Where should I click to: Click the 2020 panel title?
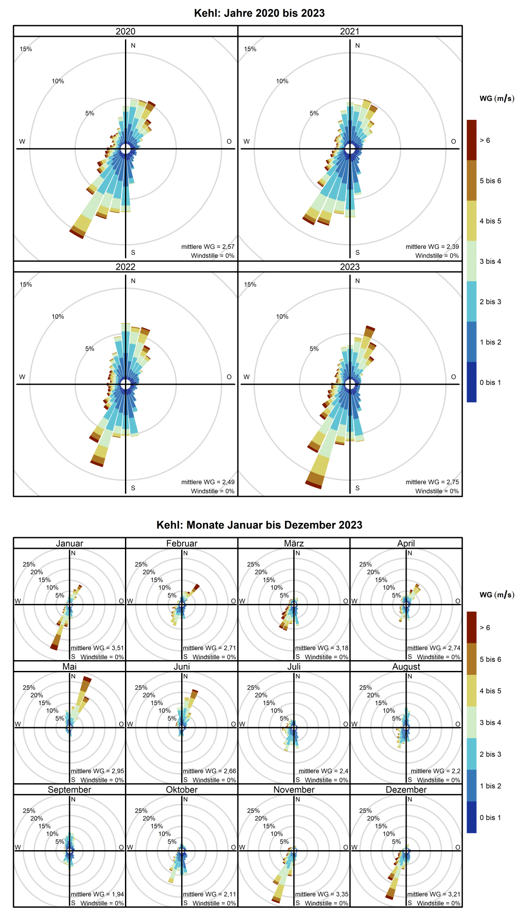click(x=125, y=31)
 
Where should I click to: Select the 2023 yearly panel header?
click(x=349, y=267)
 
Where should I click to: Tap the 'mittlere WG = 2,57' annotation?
click(x=208, y=247)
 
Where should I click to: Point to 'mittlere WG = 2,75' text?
click(x=432, y=482)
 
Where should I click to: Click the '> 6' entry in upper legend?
click(x=485, y=140)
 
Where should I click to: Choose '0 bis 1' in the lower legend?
click(x=490, y=817)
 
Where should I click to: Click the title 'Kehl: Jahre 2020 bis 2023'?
click(x=259, y=13)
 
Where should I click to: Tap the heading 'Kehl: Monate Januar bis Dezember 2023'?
click(x=259, y=525)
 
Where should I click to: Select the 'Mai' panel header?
click(x=69, y=667)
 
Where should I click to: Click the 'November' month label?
click(x=294, y=790)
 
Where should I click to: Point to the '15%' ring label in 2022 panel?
click(x=26, y=284)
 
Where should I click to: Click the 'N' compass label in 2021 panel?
click(x=357, y=45)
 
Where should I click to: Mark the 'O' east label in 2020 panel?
click(x=229, y=142)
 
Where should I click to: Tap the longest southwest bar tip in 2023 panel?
click(x=314, y=484)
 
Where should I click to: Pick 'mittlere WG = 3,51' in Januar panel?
click(x=97, y=648)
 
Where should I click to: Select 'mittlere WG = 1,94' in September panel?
click(x=97, y=894)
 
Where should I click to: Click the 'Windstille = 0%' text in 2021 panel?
click(x=437, y=256)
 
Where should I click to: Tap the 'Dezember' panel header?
click(x=406, y=790)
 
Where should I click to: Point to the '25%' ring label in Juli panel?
click(x=253, y=687)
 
